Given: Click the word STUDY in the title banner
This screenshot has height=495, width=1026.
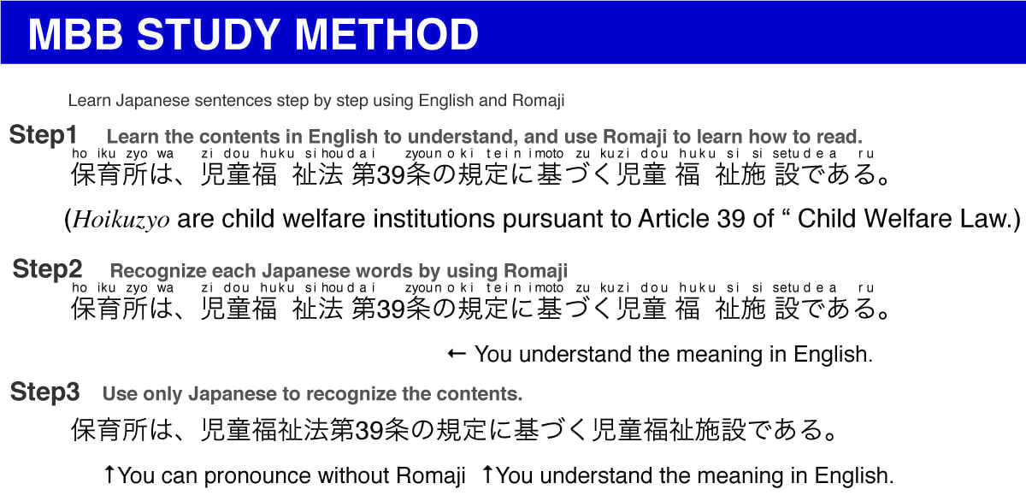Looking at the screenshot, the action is point(209,34).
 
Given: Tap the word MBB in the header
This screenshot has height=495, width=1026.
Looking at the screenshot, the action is point(75,34).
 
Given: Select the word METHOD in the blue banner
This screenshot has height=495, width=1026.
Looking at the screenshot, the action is point(386,34).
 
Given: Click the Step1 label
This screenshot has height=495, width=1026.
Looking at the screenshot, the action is point(43,135).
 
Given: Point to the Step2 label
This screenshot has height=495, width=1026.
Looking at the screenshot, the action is point(47,268).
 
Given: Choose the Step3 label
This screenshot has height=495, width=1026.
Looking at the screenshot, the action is point(44,392).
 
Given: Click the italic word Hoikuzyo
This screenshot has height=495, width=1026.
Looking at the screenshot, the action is point(121,220).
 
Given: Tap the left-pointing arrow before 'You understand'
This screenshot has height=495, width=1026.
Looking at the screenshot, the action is point(457,353).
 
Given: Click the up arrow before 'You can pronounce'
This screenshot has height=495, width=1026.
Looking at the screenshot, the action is point(109,474).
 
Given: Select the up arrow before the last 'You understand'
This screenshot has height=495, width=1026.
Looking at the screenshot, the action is point(488,474).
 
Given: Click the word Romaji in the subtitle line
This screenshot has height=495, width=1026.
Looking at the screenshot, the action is point(538,101).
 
